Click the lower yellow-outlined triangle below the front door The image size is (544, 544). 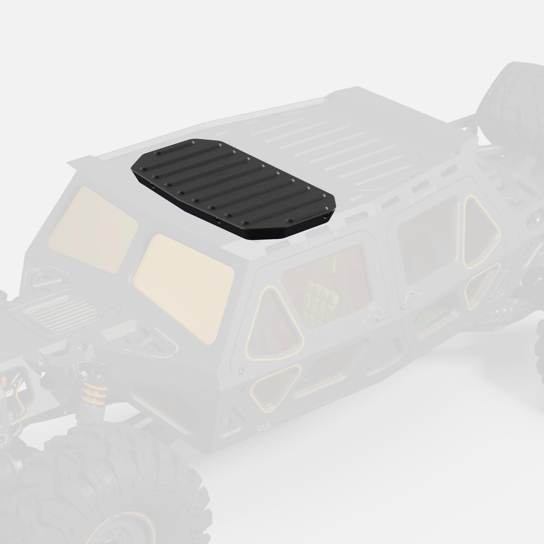(277, 384)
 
